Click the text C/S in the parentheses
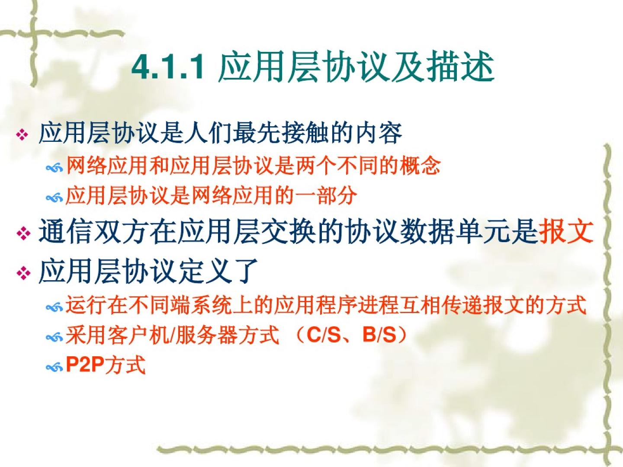tap(323, 335)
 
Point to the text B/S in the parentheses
tap(379, 335)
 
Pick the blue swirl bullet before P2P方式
tap(54, 367)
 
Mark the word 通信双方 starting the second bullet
tap(93, 231)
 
